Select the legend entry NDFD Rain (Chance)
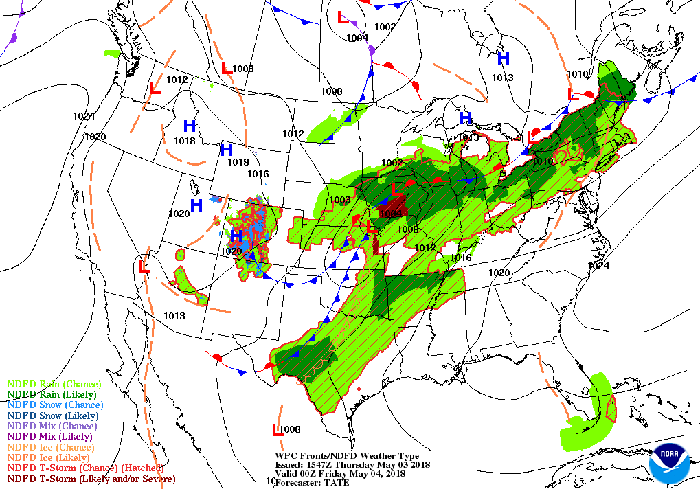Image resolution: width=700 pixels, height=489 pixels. (54, 384)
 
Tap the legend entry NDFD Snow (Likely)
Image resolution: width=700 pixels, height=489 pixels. (53, 416)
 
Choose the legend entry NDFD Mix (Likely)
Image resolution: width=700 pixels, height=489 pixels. (49, 436)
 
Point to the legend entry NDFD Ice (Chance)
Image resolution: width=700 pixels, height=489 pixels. (49, 447)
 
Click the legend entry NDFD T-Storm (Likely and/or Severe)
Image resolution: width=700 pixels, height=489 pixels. (91, 479)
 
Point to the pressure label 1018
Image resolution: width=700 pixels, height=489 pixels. (184, 141)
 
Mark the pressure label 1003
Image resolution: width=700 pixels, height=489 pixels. (339, 200)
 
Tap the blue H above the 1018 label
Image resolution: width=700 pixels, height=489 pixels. (190, 126)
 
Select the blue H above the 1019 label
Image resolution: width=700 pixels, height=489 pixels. (226, 149)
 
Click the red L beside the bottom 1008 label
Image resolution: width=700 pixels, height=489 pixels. (278, 430)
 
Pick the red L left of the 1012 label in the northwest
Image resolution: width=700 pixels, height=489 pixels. (156, 88)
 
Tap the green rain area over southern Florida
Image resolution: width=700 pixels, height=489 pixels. (591, 419)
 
